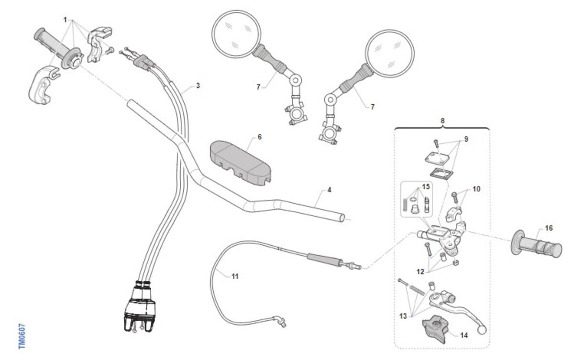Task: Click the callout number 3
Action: (198, 86)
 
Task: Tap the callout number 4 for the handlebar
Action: (329, 190)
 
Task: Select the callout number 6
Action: (260, 137)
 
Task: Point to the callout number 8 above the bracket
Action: (442, 120)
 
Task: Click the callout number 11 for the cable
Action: (235, 276)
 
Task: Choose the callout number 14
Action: (464, 335)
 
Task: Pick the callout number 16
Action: (549, 228)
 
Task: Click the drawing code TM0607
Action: (22, 336)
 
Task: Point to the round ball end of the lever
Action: (482, 330)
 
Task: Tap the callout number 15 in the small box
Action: (426, 186)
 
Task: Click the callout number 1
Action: (65, 20)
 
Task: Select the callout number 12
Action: (420, 272)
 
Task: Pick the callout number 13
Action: (403, 316)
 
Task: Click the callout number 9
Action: (466, 139)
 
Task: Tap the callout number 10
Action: (476, 189)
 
